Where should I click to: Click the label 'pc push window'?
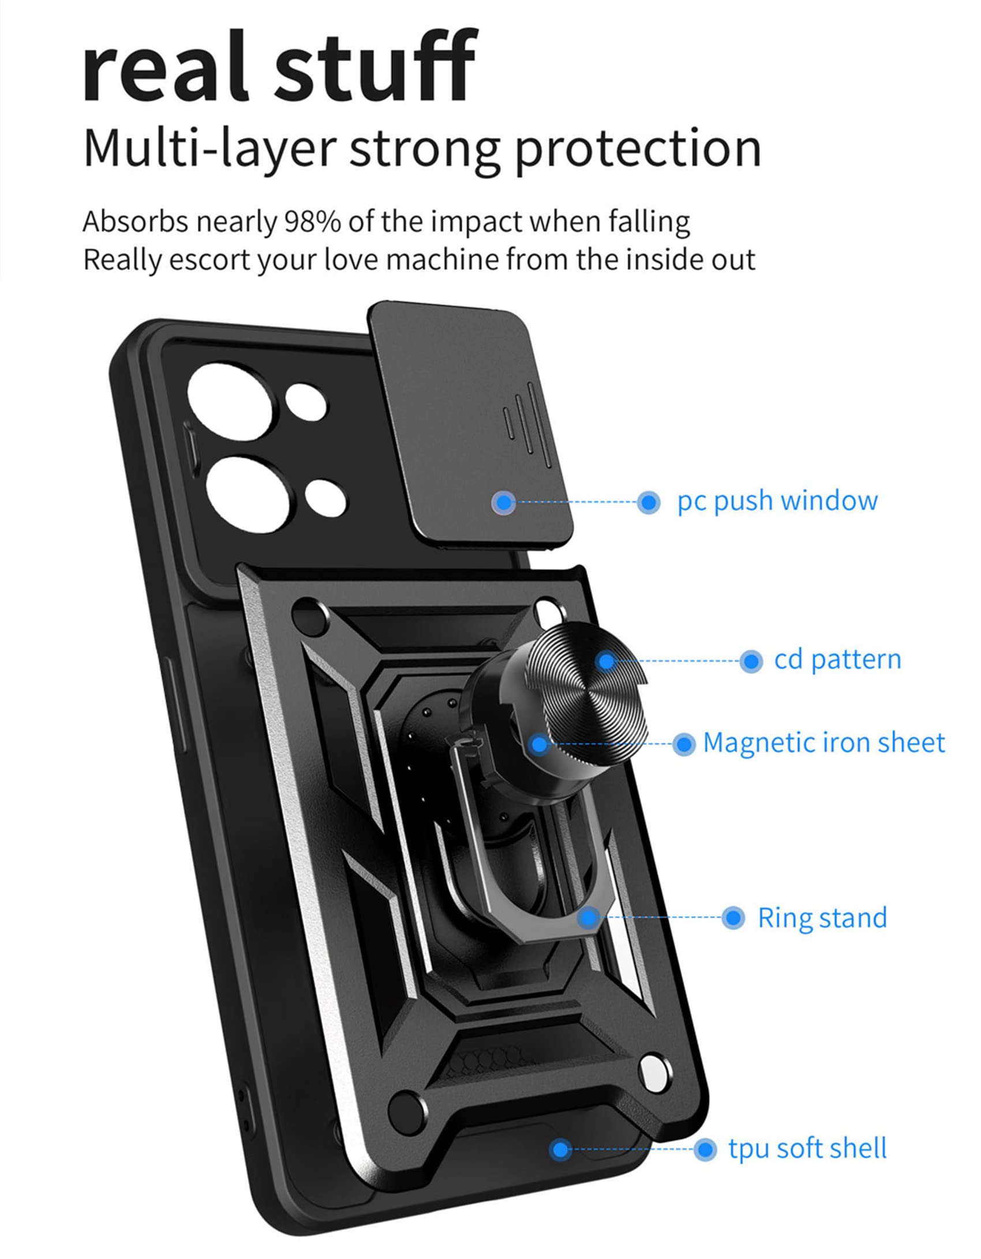(x=777, y=501)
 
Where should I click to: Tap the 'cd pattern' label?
(x=837, y=660)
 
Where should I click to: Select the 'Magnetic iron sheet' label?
(x=824, y=743)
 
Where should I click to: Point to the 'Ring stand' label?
(x=822, y=918)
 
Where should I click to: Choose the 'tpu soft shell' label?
(x=807, y=1149)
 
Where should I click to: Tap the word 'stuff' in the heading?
(x=375, y=66)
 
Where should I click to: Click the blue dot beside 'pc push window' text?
(x=649, y=502)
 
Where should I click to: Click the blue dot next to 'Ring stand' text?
(x=733, y=917)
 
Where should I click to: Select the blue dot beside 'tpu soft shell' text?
(x=705, y=1149)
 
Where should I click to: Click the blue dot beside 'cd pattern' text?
(x=751, y=661)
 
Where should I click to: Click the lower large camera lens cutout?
(x=247, y=493)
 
